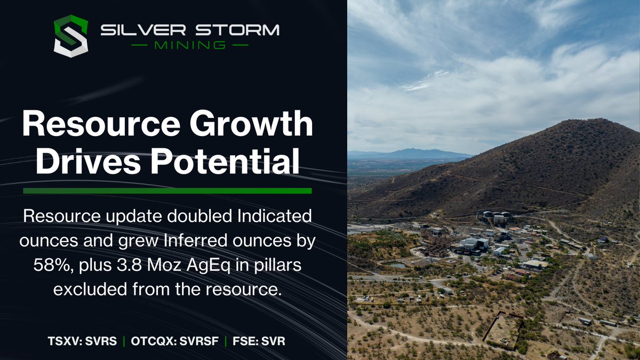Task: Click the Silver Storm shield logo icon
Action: click(x=70, y=36)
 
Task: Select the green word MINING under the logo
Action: click(x=189, y=45)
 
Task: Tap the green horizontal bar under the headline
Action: click(x=167, y=190)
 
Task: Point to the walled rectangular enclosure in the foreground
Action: click(x=503, y=329)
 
